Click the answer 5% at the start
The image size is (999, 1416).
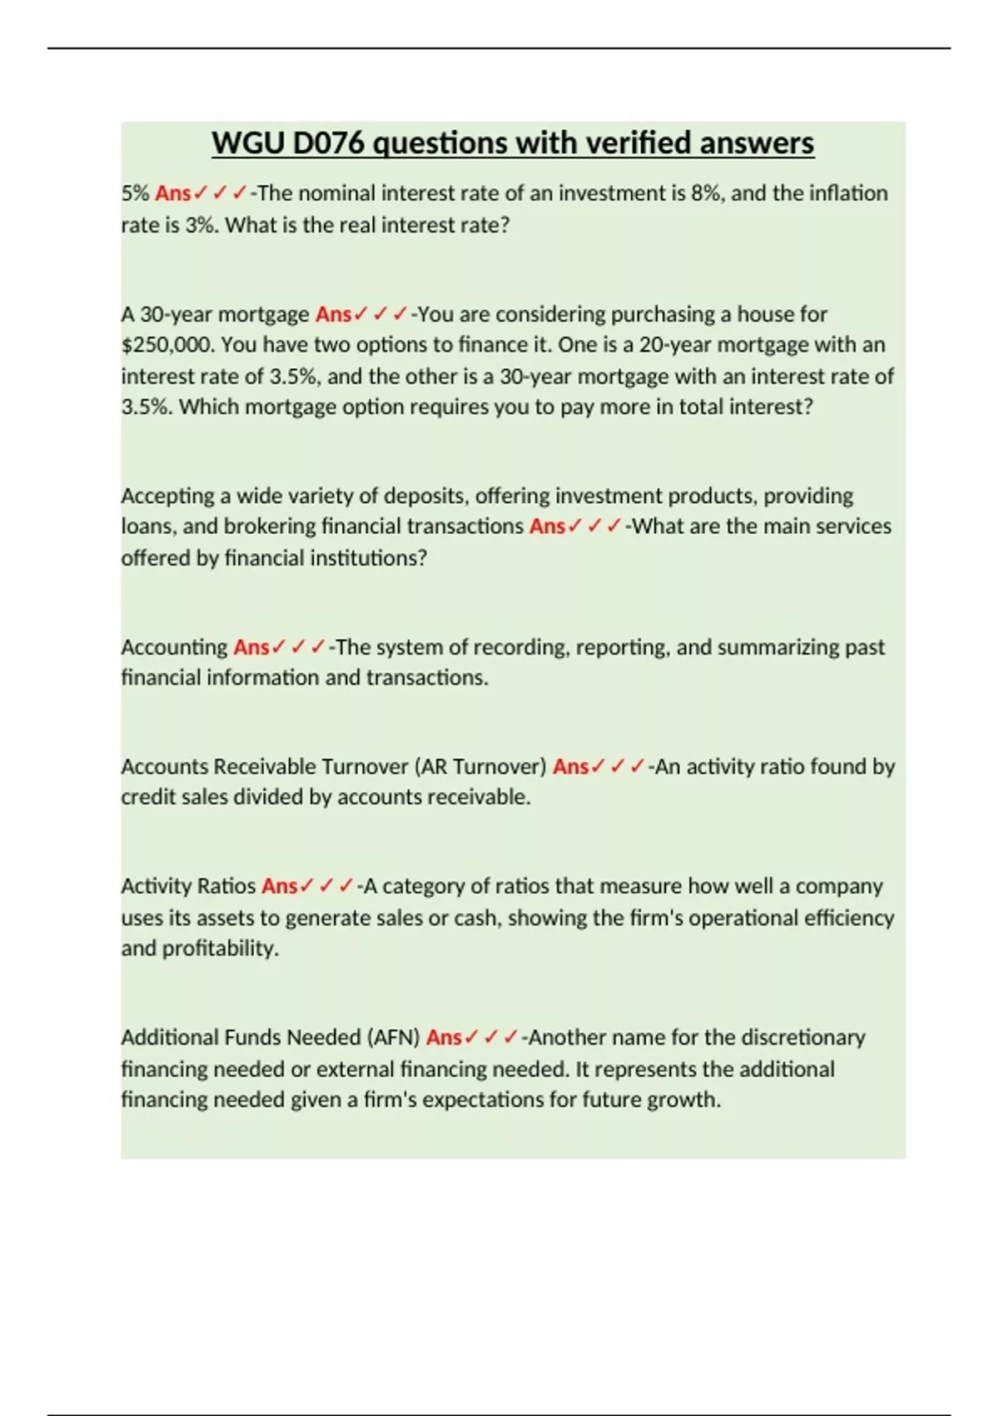[x=135, y=193]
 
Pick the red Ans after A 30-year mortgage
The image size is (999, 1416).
[x=333, y=314]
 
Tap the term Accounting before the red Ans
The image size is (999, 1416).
[x=174, y=647]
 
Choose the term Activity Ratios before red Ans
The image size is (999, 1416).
[x=188, y=886]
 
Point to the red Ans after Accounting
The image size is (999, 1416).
[x=251, y=647]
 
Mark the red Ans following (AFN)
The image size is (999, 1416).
[x=444, y=1038]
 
